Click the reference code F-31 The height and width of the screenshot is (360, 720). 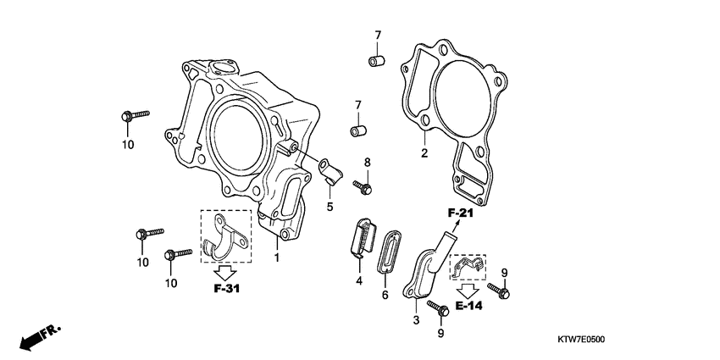(228, 288)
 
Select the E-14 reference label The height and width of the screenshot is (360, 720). (468, 306)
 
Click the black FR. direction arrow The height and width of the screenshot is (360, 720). (36, 337)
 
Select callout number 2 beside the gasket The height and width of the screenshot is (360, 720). (424, 153)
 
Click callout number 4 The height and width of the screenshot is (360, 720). (358, 280)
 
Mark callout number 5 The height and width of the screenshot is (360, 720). (330, 206)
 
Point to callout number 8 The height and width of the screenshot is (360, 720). (367, 162)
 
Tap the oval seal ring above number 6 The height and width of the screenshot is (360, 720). (389, 251)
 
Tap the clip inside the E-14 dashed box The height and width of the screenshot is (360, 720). (466, 268)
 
